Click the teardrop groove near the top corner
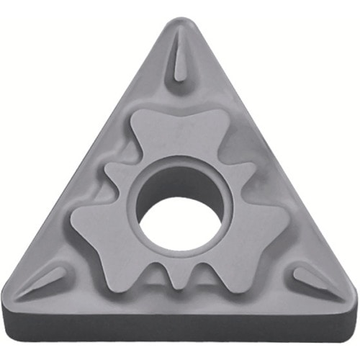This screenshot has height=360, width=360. click(179, 61)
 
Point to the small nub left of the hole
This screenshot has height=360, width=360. click(115, 173)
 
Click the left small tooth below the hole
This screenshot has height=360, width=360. click(158, 277)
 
